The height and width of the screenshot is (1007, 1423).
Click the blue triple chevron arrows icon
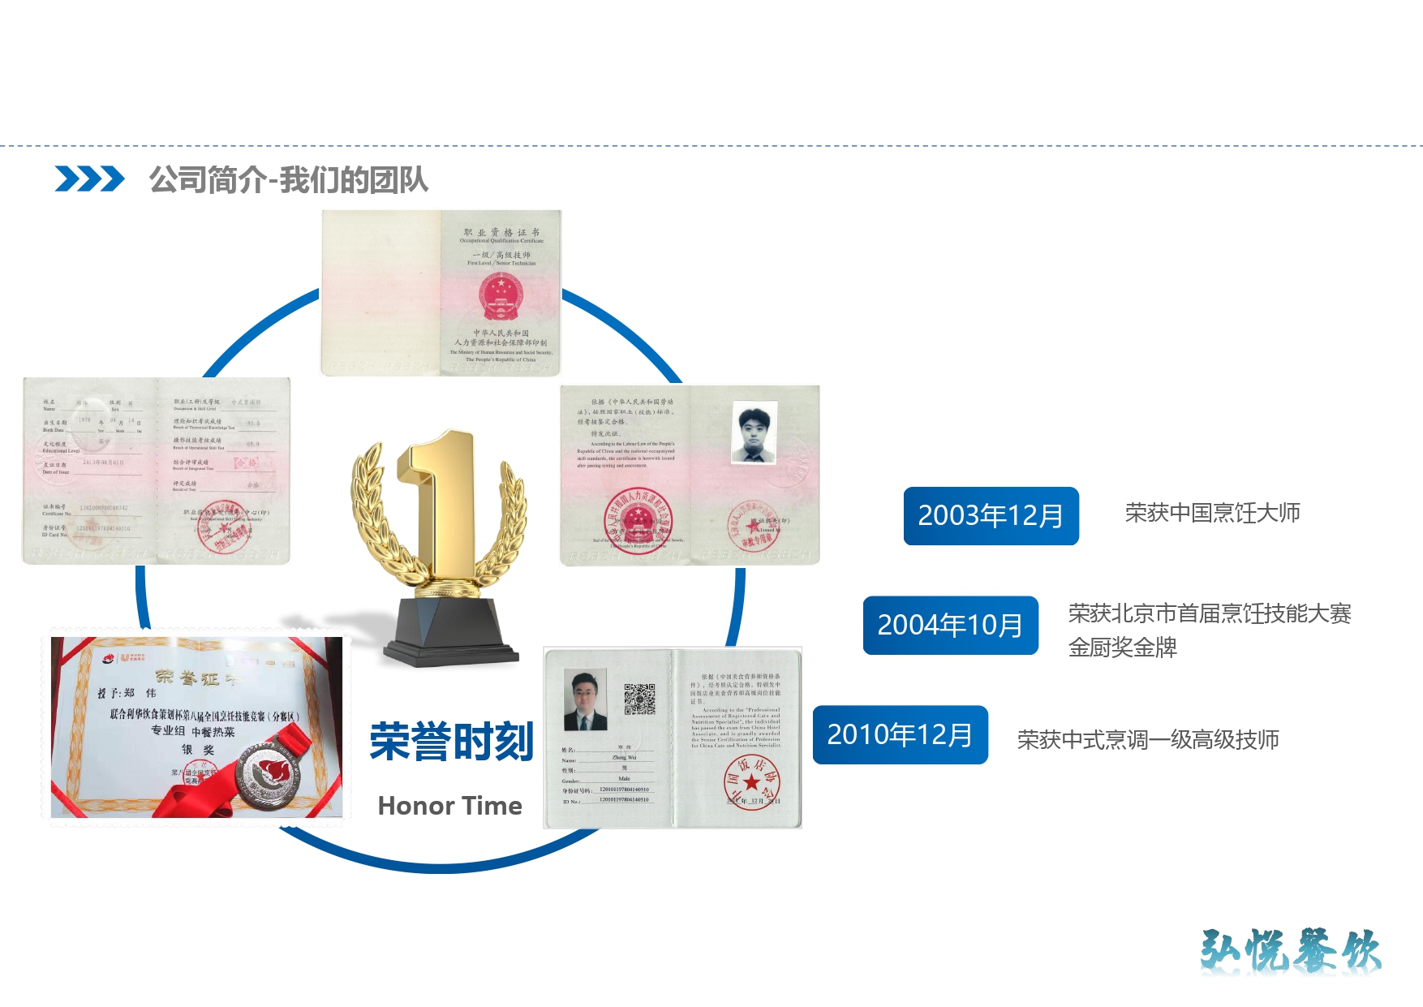[x=89, y=179]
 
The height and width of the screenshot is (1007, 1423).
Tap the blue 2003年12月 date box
[x=991, y=516]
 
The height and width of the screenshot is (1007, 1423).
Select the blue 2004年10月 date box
[x=950, y=626]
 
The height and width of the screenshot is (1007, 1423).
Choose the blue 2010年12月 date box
[x=900, y=735]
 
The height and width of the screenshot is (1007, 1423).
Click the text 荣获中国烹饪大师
[x=1212, y=513]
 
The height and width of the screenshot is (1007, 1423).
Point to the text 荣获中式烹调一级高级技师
[x=1148, y=740]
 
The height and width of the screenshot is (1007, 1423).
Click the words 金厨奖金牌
[x=1122, y=648]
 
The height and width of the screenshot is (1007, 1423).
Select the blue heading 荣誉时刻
[x=451, y=742]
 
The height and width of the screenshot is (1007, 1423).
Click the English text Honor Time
[x=449, y=806]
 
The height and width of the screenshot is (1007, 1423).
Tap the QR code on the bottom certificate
[x=639, y=699]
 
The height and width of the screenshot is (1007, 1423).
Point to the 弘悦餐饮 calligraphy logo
[x=1290, y=951]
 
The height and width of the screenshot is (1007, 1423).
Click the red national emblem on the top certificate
[x=501, y=296]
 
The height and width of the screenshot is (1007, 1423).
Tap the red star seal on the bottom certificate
[x=751, y=781]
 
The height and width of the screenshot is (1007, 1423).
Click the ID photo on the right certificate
[x=754, y=432]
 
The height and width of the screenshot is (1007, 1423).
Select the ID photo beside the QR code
[x=585, y=699]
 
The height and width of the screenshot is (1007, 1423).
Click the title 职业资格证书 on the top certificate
[x=501, y=233]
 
